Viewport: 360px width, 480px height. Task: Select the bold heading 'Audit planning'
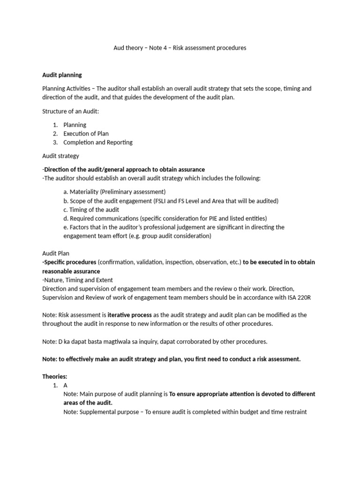point(62,75)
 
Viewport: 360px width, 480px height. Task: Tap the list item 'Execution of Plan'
point(86,134)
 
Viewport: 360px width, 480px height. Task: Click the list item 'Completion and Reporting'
point(97,142)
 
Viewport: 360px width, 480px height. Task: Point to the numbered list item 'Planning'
point(75,125)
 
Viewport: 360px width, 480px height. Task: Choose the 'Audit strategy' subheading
point(60,156)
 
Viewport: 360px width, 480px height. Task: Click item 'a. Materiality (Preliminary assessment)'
point(114,192)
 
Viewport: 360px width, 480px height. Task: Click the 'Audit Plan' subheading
point(55,254)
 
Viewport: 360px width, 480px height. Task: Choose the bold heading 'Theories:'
point(55,376)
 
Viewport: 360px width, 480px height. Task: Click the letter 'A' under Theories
point(66,385)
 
